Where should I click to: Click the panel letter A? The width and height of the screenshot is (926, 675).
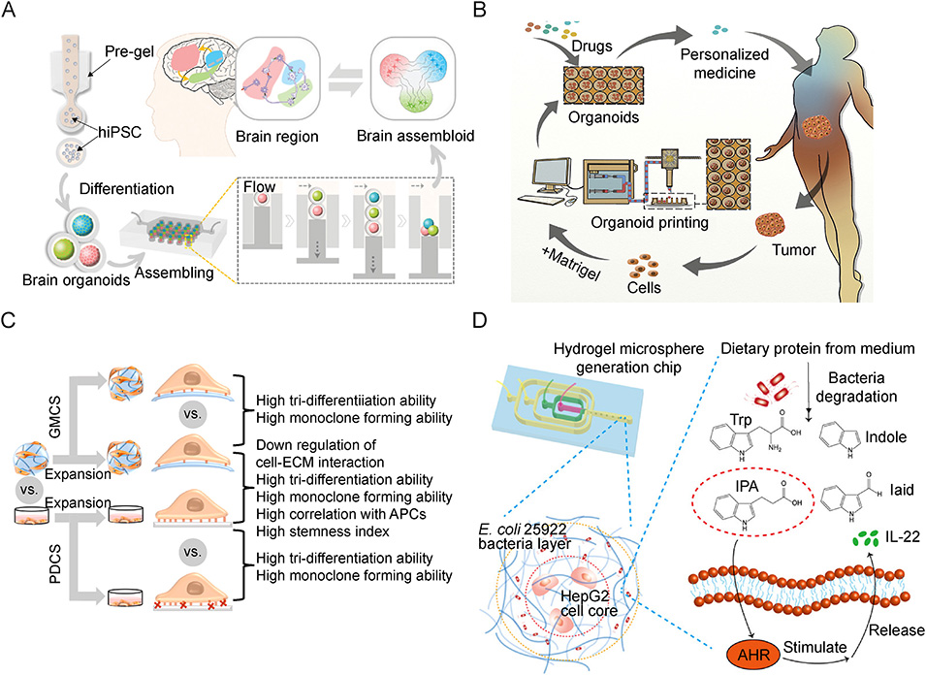pyautogui.click(x=13, y=13)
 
